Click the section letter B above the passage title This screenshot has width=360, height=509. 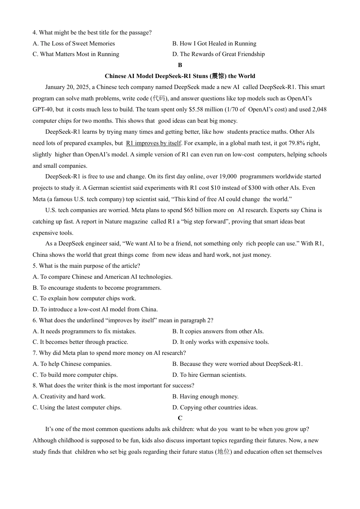(180, 65)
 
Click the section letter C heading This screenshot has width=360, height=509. (180, 418)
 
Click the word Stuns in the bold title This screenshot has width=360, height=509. (200, 76)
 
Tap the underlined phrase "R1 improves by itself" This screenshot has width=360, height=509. (153, 143)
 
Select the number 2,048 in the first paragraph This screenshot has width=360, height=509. (319, 109)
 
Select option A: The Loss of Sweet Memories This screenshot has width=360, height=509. (74, 44)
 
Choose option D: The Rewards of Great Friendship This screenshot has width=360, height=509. (219, 54)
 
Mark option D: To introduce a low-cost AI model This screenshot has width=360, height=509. (95, 309)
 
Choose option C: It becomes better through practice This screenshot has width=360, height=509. (80, 342)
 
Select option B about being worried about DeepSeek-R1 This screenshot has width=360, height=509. (237, 364)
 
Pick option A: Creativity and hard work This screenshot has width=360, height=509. (69, 397)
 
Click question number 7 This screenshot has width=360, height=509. (34, 353)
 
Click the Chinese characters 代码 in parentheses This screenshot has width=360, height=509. (160, 98)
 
